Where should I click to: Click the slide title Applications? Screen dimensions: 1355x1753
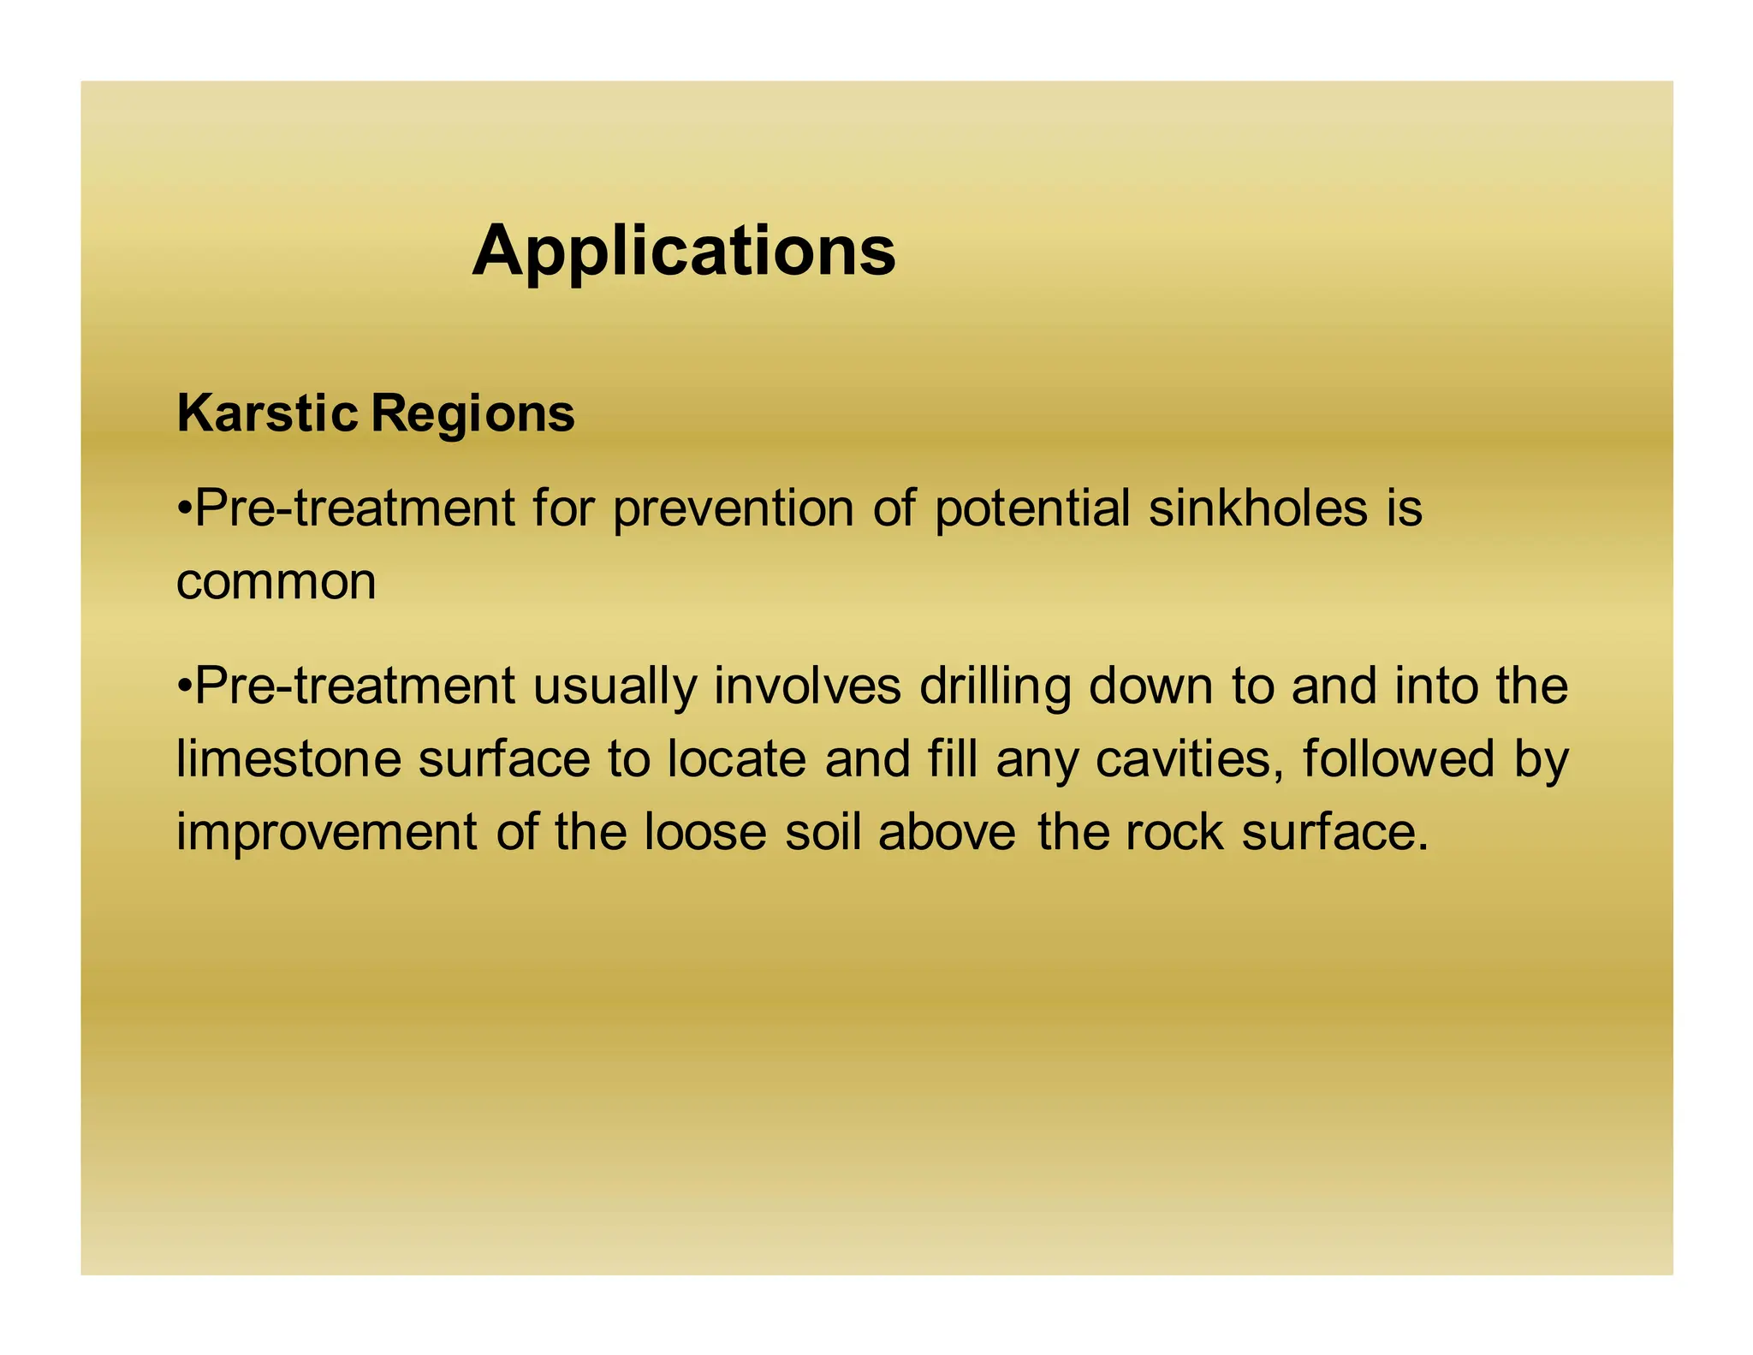683,251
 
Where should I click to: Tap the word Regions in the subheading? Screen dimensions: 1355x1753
472,415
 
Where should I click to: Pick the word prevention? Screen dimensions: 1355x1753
734,508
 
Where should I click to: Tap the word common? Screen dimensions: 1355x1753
276,582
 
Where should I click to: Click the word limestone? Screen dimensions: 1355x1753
288,759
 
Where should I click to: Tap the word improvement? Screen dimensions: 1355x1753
326,832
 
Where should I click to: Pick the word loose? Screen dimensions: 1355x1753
704,832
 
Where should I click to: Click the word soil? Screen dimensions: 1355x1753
823,832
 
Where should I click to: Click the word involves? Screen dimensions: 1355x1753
807,686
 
